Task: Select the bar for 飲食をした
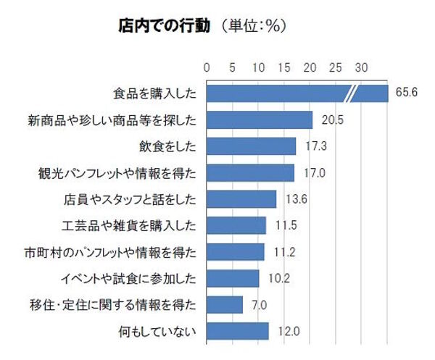point(252,146)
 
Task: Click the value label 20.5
point(328,120)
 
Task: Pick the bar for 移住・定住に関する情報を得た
point(225,305)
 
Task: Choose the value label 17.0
point(310,173)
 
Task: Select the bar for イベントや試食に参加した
point(233,279)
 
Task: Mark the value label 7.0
point(258,305)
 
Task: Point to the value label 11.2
point(280,252)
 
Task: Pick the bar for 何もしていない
point(238,332)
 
